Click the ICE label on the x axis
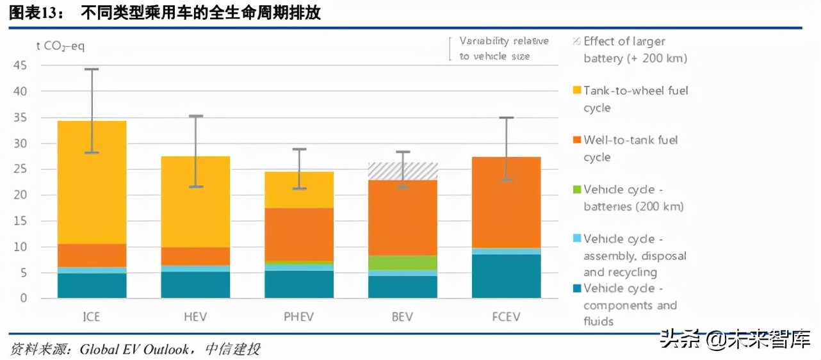tap(92, 317)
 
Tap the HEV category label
tap(195, 317)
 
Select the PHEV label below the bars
tap(299, 317)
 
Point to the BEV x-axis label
tap(403, 317)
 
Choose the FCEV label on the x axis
tap(506, 317)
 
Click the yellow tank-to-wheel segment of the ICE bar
tap(92, 182)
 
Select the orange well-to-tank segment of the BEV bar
tap(403, 218)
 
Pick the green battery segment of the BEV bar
tap(403, 263)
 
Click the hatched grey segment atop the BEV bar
tap(403, 171)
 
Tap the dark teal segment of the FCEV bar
tap(506, 276)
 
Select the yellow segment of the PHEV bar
tap(299, 190)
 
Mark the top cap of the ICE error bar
tap(92, 69)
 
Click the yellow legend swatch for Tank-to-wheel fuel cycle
tap(576, 91)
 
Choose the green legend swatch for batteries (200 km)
tap(576, 190)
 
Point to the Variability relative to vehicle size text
tap(503, 49)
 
